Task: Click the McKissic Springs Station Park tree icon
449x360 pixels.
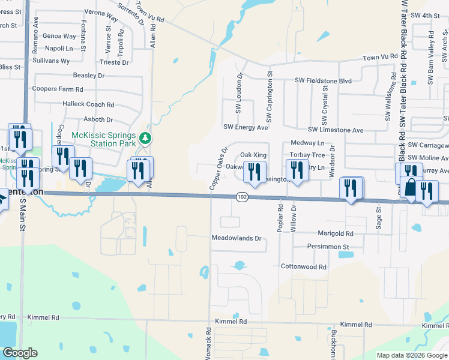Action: (x=145, y=139)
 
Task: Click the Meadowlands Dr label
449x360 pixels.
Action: (x=237, y=238)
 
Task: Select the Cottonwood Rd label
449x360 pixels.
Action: (x=303, y=266)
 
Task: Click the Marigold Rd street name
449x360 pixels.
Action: (x=332, y=233)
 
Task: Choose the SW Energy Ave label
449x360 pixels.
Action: (x=246, y=127)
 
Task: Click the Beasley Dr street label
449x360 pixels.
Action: (x=88, y=76)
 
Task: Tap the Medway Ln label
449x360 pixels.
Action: (x=307, y=143)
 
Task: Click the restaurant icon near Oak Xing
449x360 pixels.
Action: (x=255, y=172)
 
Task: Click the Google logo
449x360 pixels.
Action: (x=20, y=353)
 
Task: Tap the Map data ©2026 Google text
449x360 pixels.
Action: (x=411, y=355)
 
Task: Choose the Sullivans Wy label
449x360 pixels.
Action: (x=52, y=61)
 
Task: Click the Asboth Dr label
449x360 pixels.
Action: (x=98, y=120)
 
